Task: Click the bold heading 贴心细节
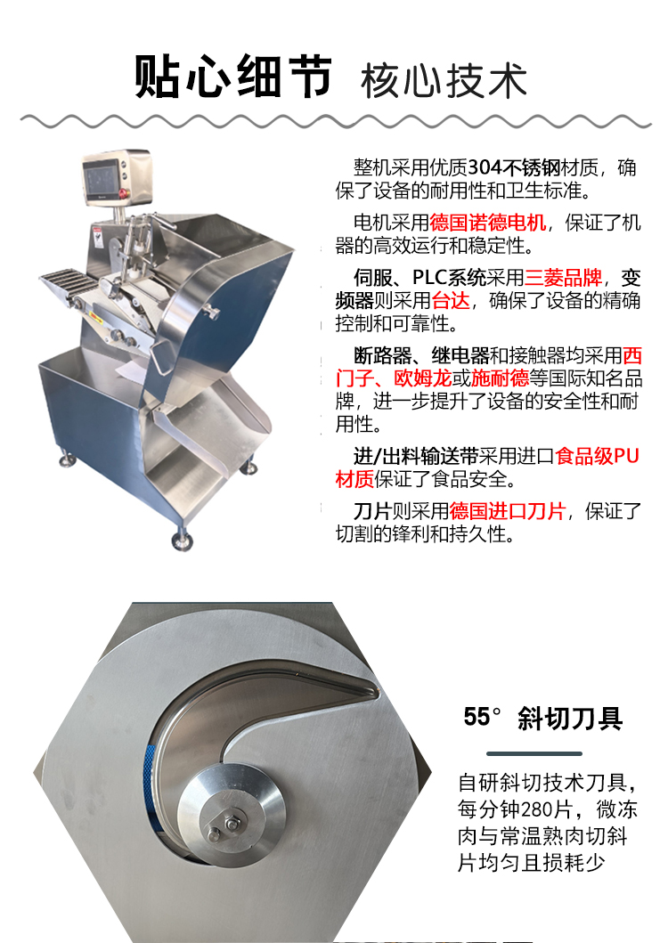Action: (232, 77)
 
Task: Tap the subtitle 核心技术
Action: (444, 81)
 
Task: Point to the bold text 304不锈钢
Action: (514, 167)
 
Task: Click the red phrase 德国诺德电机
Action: (487, 223)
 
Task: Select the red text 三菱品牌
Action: (563, 277)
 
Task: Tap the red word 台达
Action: (450, 300)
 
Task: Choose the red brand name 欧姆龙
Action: (422, 378)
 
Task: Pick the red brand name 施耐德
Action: (500, 378)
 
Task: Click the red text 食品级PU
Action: (597, 457)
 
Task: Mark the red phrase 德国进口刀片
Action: (507, 511)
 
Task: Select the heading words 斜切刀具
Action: (570, 718)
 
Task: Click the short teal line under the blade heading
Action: (534, 753)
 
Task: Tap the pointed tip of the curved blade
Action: (377, 693)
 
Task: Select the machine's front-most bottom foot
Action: (182, 541)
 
